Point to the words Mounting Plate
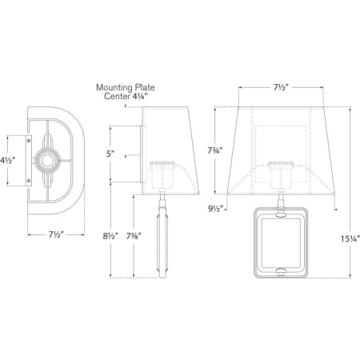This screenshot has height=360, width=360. [x=125, y=90]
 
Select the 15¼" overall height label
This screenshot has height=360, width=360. [x=346, y=240]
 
